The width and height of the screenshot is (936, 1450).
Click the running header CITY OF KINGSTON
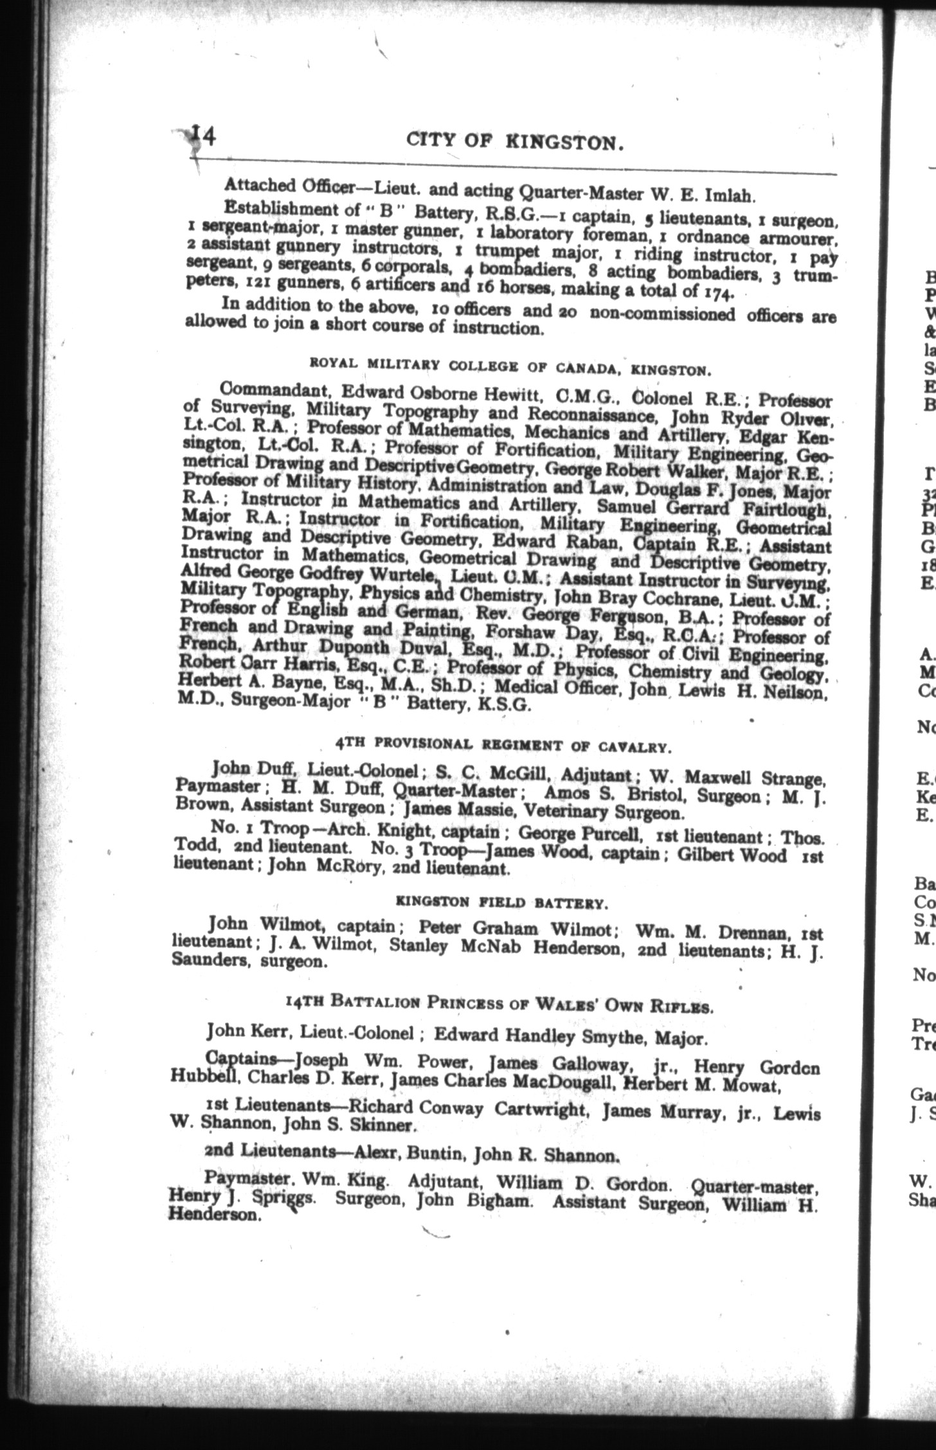(x=516, y=141)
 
